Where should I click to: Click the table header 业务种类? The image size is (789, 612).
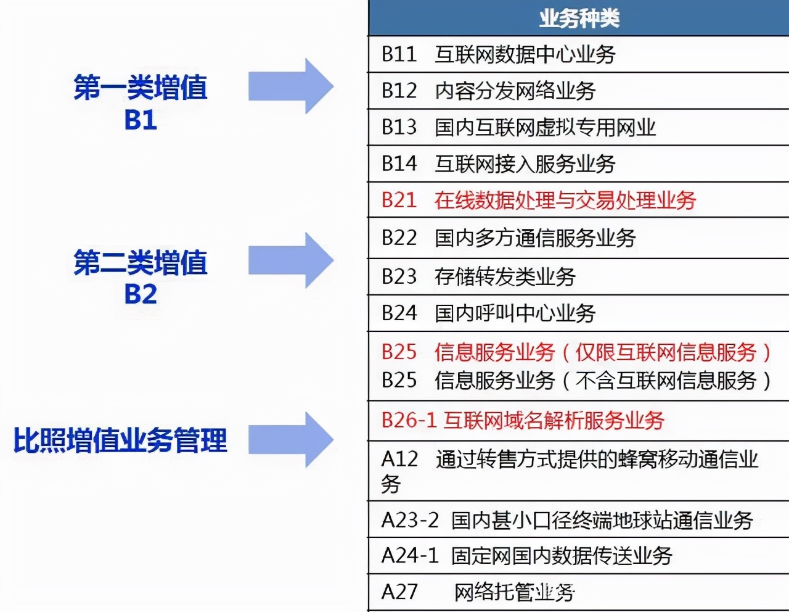579,19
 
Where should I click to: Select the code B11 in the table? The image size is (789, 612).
399,54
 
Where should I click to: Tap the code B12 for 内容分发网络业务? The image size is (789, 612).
399,91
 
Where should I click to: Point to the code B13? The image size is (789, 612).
399,127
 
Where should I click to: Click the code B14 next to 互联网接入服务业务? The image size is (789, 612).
399,163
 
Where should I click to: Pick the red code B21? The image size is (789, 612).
399,200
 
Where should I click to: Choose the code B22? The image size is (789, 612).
399,238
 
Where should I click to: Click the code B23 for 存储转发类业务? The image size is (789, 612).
399,276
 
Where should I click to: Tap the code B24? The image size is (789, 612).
399,313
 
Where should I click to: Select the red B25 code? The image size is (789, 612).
399,352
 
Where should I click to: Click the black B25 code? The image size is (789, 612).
399,380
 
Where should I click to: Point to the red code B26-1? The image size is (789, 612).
409,420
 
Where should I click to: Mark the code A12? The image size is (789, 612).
399,459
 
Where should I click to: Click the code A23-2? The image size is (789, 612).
410,520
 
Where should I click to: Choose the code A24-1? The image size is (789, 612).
410,556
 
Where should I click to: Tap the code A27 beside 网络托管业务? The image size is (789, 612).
399,592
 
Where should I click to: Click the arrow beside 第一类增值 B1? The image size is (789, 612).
290,86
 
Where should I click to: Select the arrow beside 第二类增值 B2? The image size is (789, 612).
290,260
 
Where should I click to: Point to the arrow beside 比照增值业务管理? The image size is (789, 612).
290,440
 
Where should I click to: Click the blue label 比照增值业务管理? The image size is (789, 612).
120,440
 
